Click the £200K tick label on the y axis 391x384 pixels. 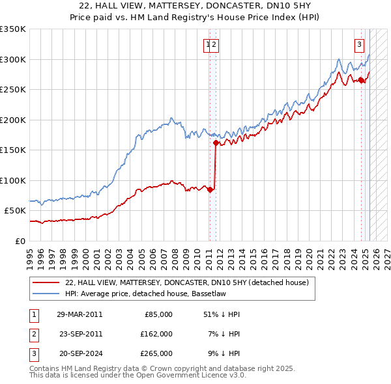(12, 120)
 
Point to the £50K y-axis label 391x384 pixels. (14, 211)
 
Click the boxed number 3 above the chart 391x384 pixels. (359, 45)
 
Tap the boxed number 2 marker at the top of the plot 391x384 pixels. (214, 45)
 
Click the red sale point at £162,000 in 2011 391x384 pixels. (215, 143)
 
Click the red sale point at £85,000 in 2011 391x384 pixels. (210, 189)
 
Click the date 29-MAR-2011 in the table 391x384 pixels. (80, 314)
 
